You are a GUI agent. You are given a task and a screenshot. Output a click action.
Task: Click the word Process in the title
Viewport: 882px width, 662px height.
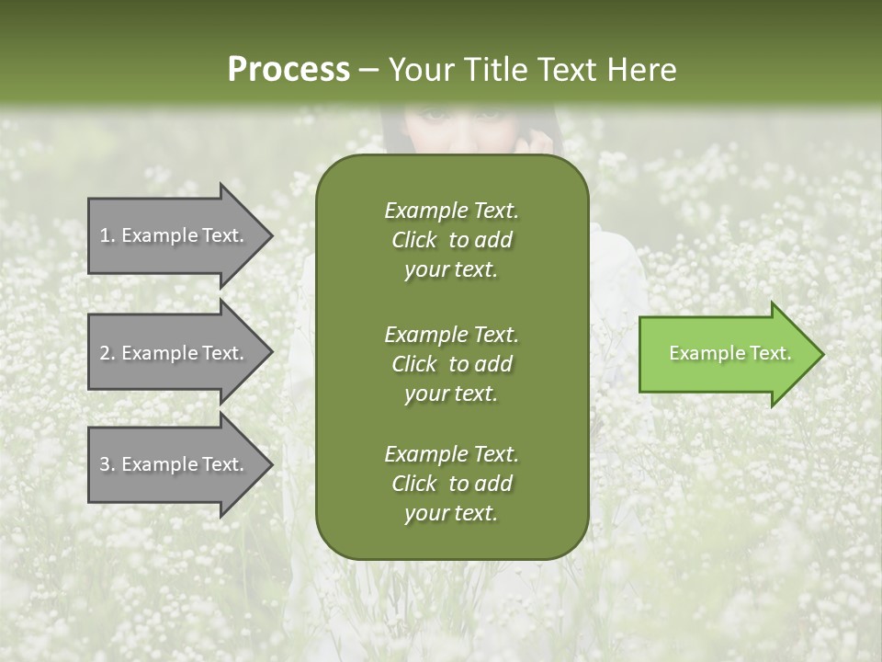288,70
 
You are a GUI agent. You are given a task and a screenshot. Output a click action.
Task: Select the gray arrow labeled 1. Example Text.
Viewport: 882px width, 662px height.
175,235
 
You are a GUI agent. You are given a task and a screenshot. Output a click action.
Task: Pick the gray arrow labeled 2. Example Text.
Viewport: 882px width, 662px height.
175,353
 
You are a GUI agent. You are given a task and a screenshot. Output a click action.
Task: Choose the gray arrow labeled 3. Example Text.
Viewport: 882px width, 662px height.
175,464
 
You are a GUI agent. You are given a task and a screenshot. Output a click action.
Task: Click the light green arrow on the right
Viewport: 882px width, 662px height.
726,354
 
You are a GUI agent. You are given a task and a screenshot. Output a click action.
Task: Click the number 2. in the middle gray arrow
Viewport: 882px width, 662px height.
107,353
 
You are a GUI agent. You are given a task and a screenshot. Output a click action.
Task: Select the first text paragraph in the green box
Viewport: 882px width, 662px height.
451,240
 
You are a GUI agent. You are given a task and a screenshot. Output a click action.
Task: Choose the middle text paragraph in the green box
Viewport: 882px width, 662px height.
451,363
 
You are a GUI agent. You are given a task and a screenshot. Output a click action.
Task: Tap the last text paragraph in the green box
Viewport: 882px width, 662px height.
451,484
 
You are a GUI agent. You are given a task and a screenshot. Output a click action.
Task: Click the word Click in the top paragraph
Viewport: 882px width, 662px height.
414,240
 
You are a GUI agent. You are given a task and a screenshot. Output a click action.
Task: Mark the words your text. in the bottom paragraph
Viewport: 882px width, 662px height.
451,514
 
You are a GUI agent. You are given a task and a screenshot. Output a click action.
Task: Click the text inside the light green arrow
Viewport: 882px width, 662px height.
730,353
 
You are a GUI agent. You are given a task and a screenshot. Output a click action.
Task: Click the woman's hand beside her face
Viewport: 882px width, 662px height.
540,141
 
